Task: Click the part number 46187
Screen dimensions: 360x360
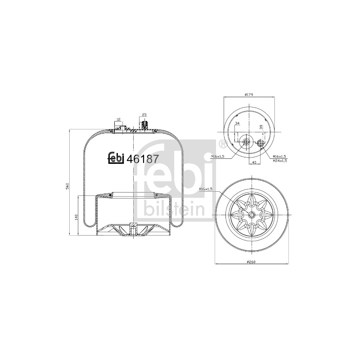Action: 142,159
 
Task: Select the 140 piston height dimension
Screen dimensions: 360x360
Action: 76,217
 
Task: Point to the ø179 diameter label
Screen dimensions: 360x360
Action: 249,94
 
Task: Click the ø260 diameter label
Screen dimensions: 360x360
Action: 251,262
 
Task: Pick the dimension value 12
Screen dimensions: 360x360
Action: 118,119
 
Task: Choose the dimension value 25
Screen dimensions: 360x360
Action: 144,115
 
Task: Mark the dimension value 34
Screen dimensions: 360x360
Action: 238,123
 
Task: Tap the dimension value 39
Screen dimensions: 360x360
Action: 261,127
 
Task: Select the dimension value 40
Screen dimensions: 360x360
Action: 254,162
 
